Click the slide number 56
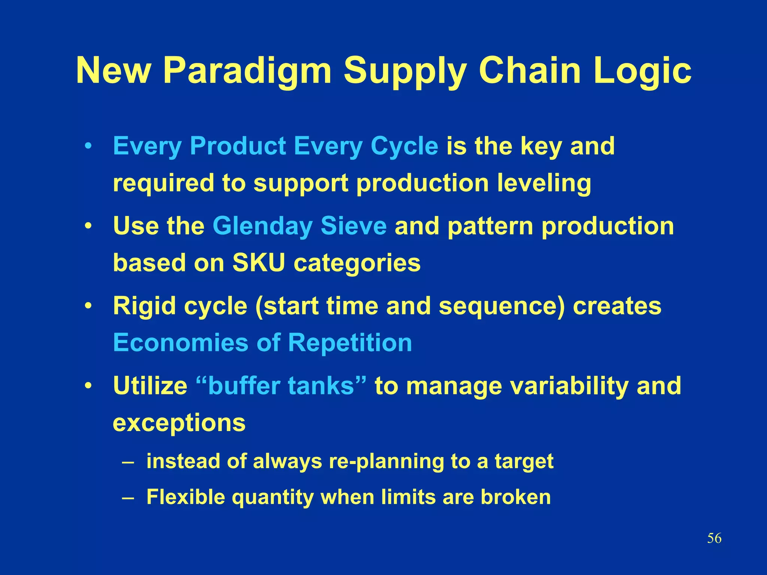click(x=714, y=539)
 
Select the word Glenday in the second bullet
click(x=262, y=226)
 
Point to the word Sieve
click(x=353, y=226)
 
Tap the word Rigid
click(x=144, y=306)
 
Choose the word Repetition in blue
click(x=350, y=343)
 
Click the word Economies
click(x=181, y=343)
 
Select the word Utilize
click(x=150, y=386)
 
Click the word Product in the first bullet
click(x=238, y=146)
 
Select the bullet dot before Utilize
click(x=88, y=386)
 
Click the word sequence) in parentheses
click(x=501, y=306)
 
